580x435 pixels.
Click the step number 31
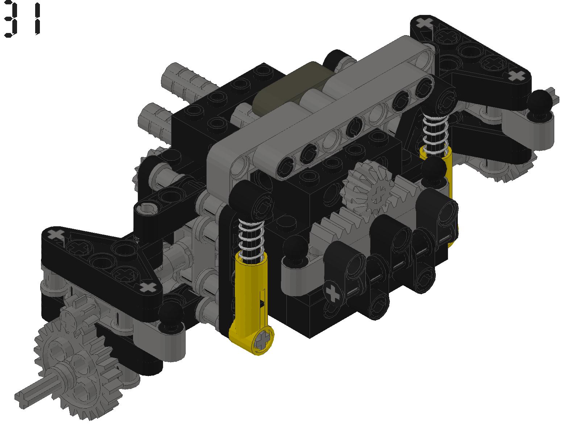pos(22,19)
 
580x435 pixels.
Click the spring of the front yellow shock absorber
pos(250,239)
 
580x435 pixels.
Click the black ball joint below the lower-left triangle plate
pos(171,313)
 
